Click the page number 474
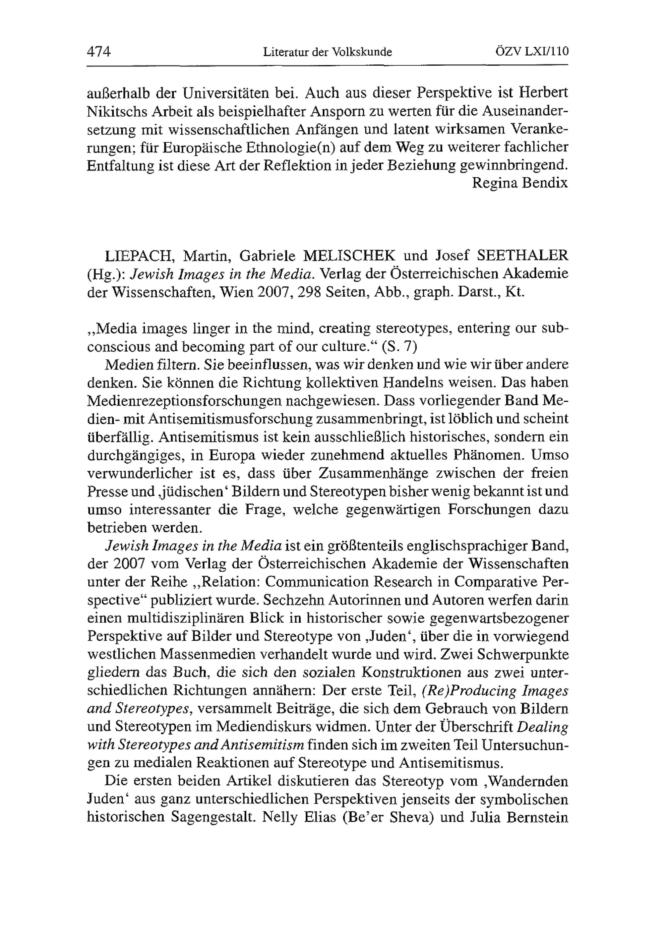tap(99, 52)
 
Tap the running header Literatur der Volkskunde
tap(327, 52)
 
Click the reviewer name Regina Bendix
tap(519, 183)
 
